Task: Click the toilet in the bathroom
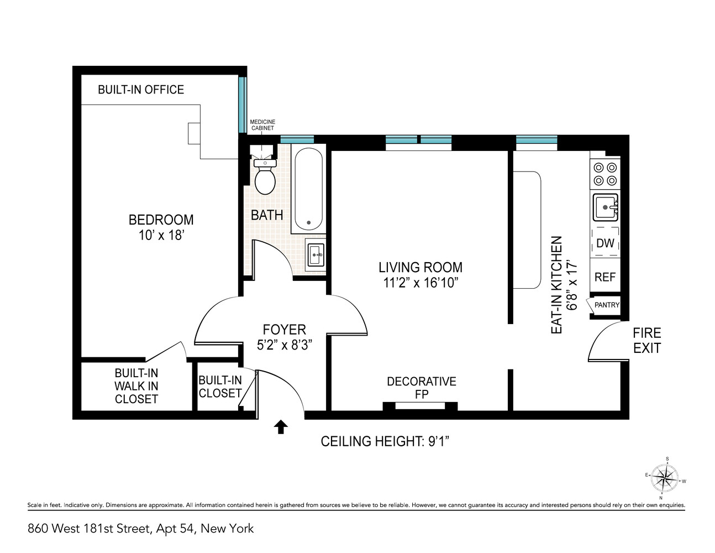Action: pos(265,178)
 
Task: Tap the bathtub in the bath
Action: pos(308,188)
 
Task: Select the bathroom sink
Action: pos(316,255)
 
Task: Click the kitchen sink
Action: pos(605,207)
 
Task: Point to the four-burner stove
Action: pos(604,174)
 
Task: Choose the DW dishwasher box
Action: pos(605,243)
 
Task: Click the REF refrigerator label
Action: pos(605,277)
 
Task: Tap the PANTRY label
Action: pos(607,305)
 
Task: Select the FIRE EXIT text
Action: pos(646,341)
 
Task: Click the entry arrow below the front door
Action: pos(281,426)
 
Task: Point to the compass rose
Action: pos(665,478)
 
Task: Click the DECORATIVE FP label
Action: pos(421,388)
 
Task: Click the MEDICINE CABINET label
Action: pos(262,125)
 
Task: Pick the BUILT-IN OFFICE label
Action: pos(141,90)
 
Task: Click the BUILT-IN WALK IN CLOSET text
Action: pos(136,386)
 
